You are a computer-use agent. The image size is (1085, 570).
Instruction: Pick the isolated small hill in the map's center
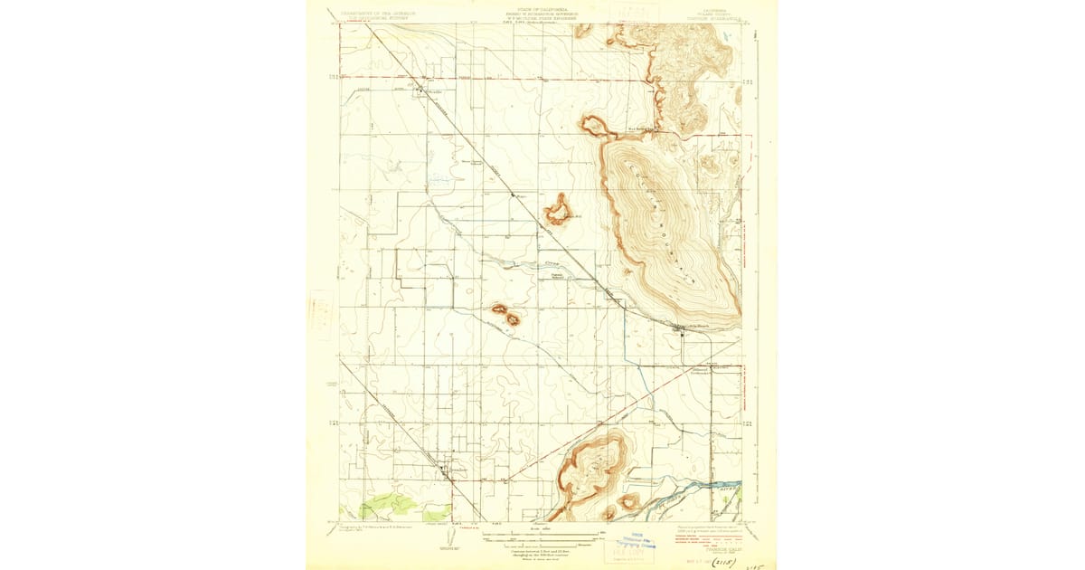[x=559, y=212]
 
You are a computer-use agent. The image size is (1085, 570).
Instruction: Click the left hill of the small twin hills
[x=499, y=309]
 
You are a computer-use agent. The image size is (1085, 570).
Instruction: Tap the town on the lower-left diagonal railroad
[x=443, y=469]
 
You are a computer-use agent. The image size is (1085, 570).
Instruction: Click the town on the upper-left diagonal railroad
[x=419, y=89]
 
